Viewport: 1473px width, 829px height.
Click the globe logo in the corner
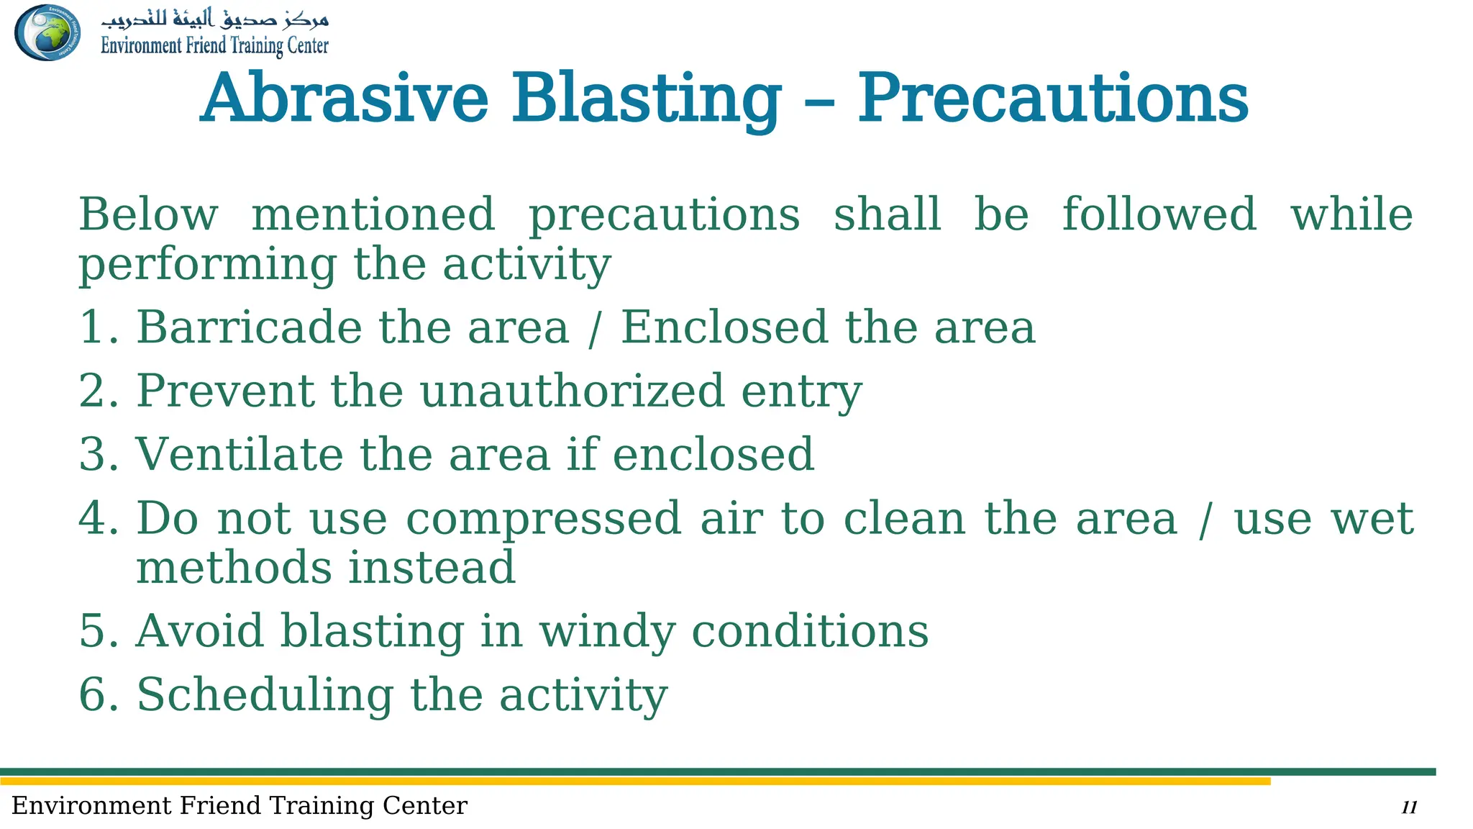[47, 32]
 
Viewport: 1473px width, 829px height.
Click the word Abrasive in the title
[345, 98]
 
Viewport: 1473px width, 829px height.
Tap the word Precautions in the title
[1052, 98]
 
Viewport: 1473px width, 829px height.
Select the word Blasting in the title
[646, 99]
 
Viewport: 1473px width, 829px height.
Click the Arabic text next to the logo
[214, 18]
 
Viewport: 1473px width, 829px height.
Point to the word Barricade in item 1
[248, 327]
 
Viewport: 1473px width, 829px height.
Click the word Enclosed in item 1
[724, 327]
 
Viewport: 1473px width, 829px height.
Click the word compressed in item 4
[543, 520]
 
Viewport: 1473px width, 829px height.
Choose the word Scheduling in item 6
[265, 695]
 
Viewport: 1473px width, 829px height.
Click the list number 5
[94, 631]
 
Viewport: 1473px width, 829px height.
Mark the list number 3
[94, 455]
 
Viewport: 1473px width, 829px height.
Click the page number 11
[1409, 807]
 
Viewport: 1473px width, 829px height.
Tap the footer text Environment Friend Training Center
[240, 806]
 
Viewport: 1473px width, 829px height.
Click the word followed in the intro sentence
[1159, 214]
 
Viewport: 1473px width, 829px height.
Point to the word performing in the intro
[207, 266]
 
